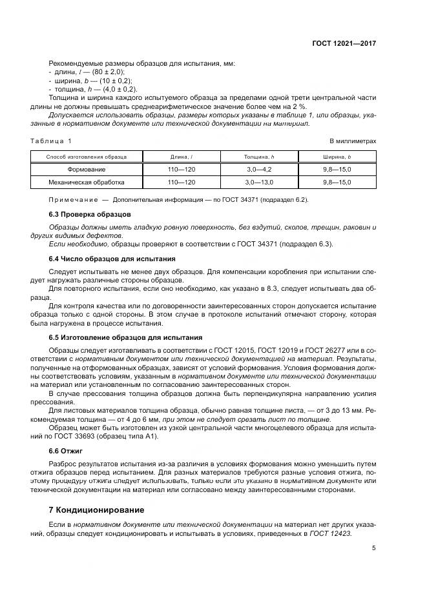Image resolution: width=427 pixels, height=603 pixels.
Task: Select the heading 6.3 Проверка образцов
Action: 90,213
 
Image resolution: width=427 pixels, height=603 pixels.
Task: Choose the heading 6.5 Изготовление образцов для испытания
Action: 125,337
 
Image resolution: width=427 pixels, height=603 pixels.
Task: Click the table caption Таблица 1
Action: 51,141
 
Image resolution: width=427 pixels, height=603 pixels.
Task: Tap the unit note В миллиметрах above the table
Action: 353,141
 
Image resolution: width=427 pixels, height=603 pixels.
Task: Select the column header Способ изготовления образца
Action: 87,157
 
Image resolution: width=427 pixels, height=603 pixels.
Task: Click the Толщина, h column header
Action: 259,157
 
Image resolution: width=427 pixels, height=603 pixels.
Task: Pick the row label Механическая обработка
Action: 87,183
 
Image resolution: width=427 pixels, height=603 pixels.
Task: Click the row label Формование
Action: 87,170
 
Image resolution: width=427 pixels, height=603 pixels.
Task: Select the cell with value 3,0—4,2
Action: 259,170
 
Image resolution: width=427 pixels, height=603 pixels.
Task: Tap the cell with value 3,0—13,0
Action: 259,183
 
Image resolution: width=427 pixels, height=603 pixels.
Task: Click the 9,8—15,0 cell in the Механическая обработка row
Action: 337,183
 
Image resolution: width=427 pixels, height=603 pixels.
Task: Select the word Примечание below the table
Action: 70,199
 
